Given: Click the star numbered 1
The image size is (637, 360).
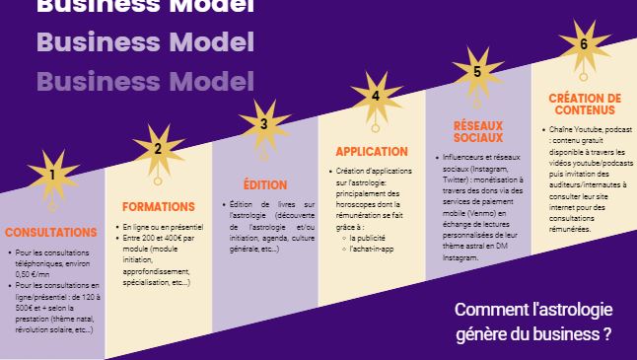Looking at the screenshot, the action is [x=51, y=176].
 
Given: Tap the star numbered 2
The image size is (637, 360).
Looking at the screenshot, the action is [x=156, y=150].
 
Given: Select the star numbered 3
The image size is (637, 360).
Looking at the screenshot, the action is [x=263, y=124].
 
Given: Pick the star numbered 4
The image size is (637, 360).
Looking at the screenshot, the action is [x=375, y=97].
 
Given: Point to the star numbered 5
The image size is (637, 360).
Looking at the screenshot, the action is [x=476, y=71].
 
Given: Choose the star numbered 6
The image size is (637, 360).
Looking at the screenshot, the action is [x=583, y=44].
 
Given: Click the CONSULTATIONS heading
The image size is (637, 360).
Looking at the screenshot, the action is [x=51, y=233].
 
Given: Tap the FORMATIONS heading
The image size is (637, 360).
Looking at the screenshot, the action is [x=158, y=207].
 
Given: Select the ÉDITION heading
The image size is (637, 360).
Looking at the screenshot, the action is [x=264, y=184].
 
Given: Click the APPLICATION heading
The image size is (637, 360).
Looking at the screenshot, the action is [x=372, y=152].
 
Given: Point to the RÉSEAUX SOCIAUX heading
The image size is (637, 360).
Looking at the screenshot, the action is [x=478, y=131].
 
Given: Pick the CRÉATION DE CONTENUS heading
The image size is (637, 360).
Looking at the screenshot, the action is [x=585, y=105].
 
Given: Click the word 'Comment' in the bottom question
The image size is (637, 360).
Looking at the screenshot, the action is [x=485, y=310].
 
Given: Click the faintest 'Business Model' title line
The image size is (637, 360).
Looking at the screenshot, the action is [x=145, y=81].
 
